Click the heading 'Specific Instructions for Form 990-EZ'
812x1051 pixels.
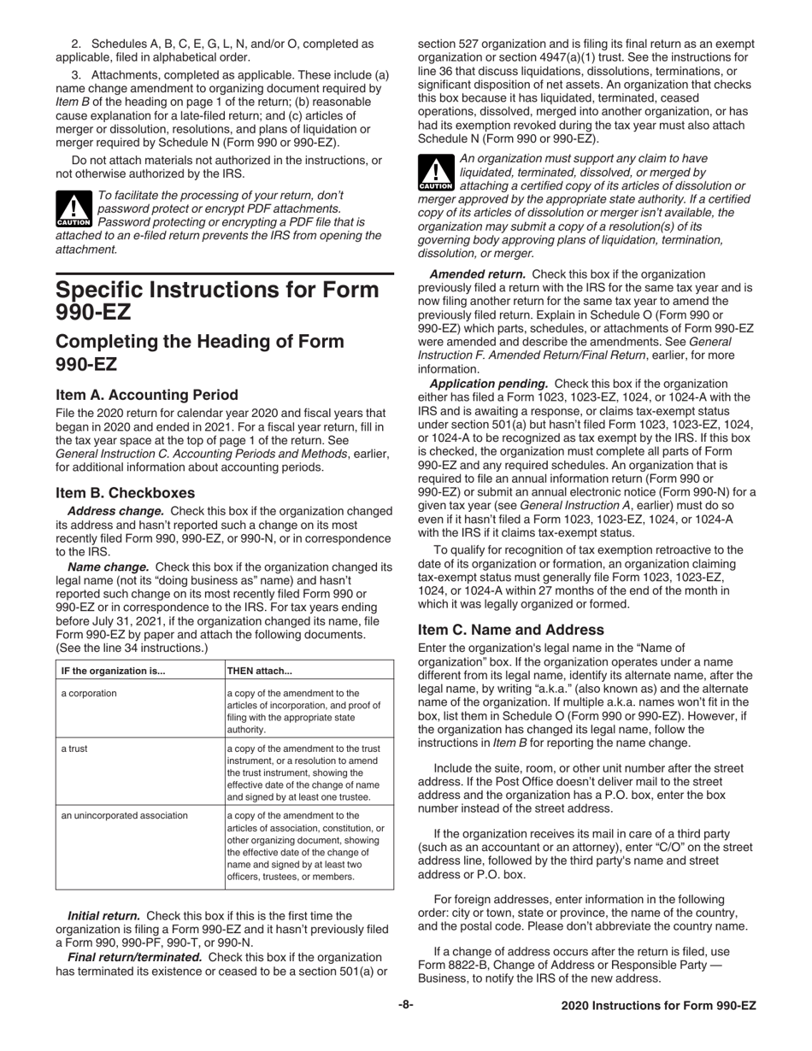(217, 301)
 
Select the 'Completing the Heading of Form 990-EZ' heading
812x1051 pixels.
(200, 353)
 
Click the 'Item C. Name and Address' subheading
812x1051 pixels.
(510, 630)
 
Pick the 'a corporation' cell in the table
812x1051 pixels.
(89, 693)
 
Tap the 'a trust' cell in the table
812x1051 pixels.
(74, 749)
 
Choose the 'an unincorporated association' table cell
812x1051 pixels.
(125, 815)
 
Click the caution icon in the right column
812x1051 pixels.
(436, 173)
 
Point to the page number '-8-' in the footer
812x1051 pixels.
(405, 1006)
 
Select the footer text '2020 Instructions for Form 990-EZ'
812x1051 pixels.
(659, 1007)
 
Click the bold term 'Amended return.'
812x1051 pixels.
(478, 274)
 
